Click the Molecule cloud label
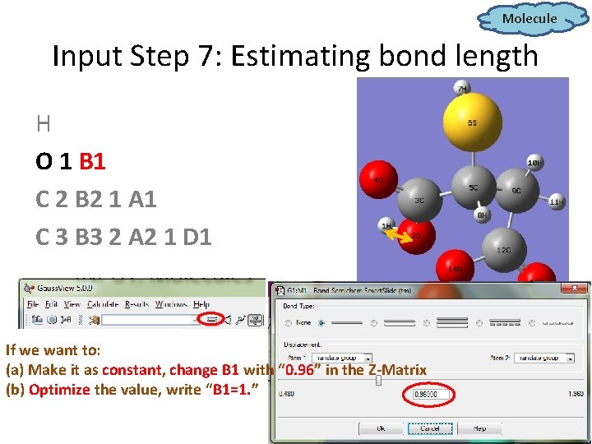[x=530, y=18]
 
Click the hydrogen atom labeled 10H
[x=534, y=162]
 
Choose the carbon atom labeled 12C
[x=504, y=247]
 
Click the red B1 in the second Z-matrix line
[x=93, y=161]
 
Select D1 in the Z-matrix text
[x=197, y=237]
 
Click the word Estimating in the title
[x=294, y=57]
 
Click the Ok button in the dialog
[x=381, y=428]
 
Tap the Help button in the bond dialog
[x=479, y=428]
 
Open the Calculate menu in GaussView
[x=103, y=304]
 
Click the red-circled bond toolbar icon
[x=211, y=318]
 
